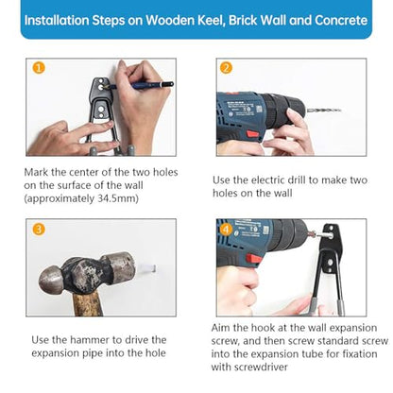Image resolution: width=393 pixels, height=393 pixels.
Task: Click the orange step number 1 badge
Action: pyautogui.click(x=39, y=68)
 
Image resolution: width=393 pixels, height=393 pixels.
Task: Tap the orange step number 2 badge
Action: pyautogui.click(x=226, y=68)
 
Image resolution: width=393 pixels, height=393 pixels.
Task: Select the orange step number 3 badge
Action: pyautogui.click(x=39, y=229)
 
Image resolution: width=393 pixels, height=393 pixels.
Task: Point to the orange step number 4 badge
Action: pyautogui.click(x=226, y=230)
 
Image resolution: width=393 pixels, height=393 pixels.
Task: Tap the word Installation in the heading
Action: pyautogui.click(x=57, y=20)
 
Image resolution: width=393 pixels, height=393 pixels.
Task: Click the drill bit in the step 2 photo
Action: pyautogui.click(x=324, y=111)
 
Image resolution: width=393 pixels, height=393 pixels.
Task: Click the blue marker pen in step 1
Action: pyautogui.click(x=142, y=85)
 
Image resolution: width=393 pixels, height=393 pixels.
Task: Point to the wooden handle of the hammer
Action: pyautogui.click(x=88, y=304)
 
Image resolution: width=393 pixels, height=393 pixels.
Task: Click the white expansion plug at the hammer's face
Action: pyautogui.click(x=147, y=268)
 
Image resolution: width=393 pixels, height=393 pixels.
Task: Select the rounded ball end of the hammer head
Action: pyautogui.click(x=50, y=280)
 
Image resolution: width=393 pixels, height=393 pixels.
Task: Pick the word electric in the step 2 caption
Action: pyautogui.click(x=268, y=180)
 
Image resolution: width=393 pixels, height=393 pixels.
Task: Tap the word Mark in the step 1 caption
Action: pyautogui.click(x=36, y=172)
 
